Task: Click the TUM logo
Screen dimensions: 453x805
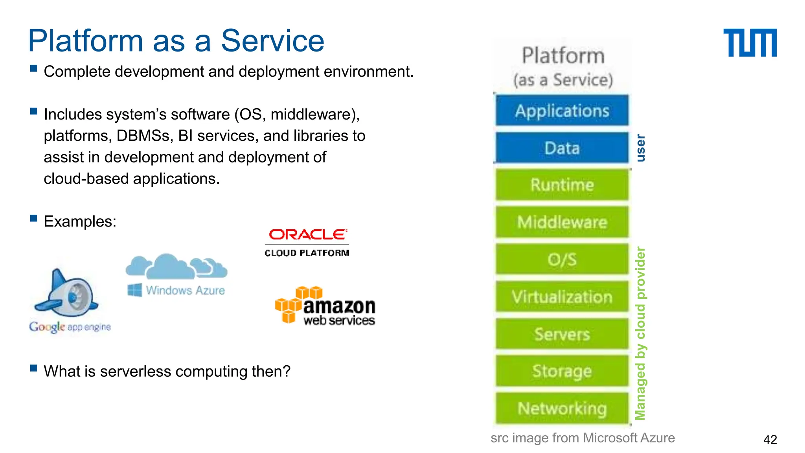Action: point(750,42)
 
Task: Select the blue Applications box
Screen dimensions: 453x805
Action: point(562,110)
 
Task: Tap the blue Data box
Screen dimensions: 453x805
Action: point(562,148)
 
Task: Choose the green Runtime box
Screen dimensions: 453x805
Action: point(562,185)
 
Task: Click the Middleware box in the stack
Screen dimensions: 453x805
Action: point(562,222)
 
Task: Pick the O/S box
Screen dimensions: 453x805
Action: point(562,259)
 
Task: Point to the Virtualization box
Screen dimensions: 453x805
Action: point(562,296)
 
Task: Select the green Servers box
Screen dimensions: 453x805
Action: point(562,334)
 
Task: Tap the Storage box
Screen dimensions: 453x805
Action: point(562,371)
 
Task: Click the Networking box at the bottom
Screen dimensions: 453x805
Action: point(562,408)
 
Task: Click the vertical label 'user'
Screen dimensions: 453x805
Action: point(641,148)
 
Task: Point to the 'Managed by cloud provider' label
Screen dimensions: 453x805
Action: point(641,333)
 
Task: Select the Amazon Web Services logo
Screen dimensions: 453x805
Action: point(325,306)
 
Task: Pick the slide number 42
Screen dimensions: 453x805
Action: point(770,439)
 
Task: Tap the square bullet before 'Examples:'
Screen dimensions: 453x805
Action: point(33,218)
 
